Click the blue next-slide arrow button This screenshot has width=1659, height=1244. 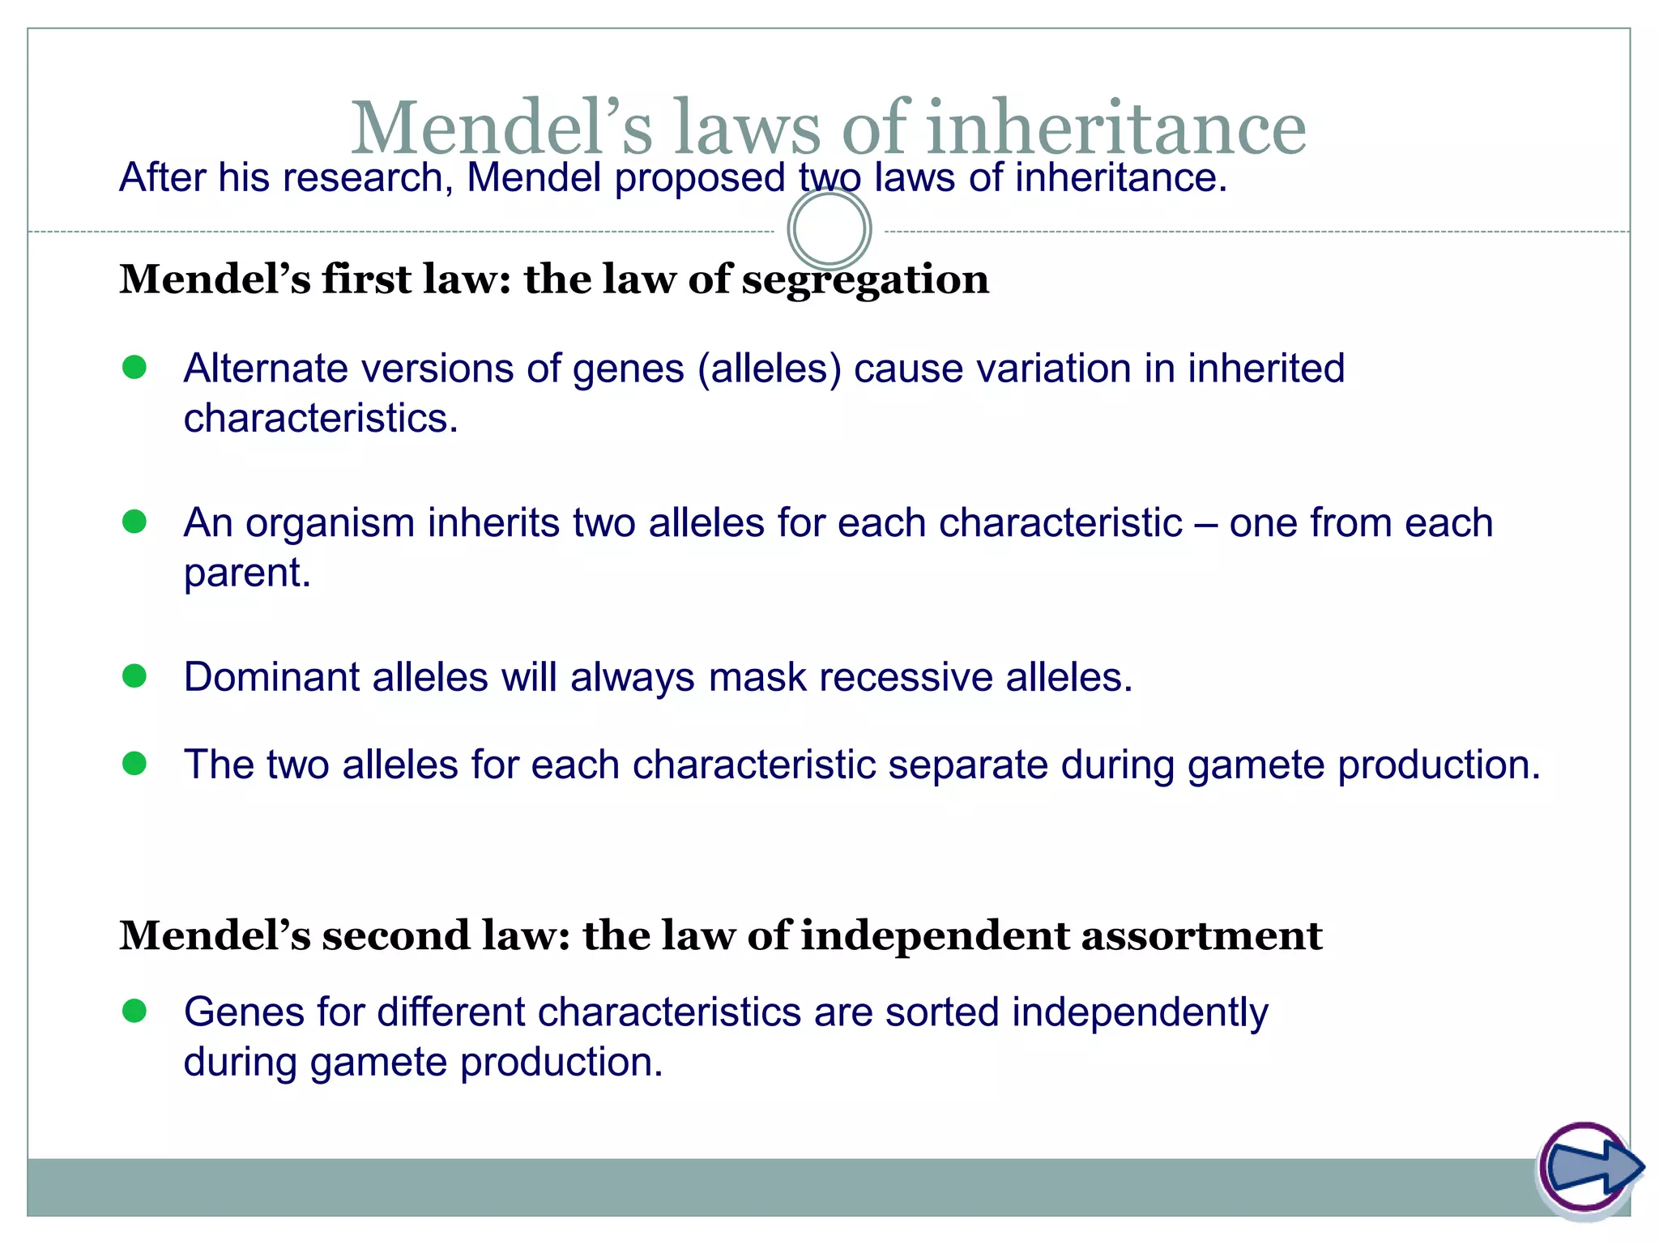(1590, 1167)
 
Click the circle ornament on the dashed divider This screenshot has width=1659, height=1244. (829, 229)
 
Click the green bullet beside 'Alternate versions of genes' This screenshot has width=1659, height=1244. (134, 368)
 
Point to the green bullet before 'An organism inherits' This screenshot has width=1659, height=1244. (134, 522)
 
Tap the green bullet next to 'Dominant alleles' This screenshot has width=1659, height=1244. (134, 675)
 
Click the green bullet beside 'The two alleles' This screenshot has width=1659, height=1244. (134, 763)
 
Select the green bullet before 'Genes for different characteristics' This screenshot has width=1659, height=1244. (134, 1011)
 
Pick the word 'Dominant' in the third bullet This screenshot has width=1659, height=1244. (271, 676)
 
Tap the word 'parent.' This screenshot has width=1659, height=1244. (247, 573)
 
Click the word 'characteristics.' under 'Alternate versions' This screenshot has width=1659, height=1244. (321, 419)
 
